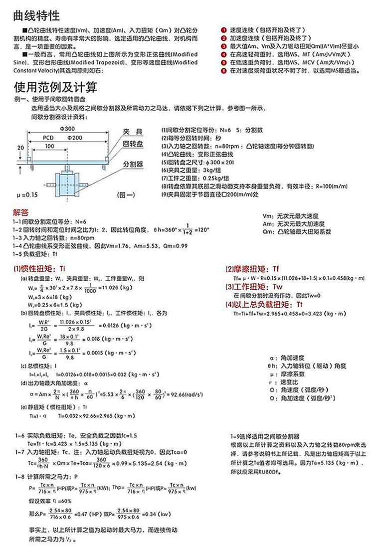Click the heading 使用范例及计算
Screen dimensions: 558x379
click(56, 88)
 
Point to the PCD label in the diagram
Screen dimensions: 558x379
click(48, 137)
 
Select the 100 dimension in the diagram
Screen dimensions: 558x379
click(49, 146)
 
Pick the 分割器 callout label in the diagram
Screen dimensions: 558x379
click(133, 164)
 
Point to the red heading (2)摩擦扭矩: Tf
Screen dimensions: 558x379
click(253, 268)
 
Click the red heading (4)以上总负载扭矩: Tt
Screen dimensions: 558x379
click(264, 304)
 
